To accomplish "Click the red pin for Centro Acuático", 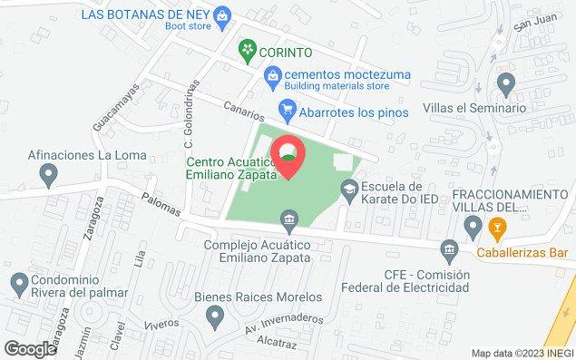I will click(x=288, y=156).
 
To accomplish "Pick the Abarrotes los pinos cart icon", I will click(x=287, y=112).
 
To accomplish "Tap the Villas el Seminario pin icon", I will click(x=506, y=85).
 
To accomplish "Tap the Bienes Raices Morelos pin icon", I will click(x=215, y=316).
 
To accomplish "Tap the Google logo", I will click(x=30, y=348).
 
